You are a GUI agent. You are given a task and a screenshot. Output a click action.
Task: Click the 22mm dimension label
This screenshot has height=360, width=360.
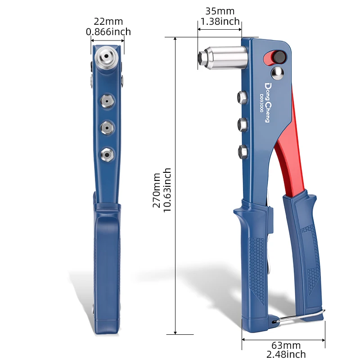click(108, 22)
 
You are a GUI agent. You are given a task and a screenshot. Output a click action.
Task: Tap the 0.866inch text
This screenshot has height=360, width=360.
click(108, 31)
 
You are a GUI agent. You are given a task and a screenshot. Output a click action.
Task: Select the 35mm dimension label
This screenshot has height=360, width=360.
click(220, 11)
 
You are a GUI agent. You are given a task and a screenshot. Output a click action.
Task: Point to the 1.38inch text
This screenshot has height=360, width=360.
click(220, 21)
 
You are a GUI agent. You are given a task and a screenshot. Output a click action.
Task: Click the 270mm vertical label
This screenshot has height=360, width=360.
click(156, 190)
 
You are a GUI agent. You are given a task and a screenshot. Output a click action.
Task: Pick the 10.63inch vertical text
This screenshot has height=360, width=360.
click(167, 190)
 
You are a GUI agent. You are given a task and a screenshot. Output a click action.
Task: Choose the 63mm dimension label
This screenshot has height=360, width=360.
click(286, 345)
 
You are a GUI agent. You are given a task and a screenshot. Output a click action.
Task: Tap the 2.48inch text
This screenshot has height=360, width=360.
click(286, 354)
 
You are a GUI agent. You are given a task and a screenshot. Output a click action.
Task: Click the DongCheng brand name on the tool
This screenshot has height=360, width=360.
click(267, 103)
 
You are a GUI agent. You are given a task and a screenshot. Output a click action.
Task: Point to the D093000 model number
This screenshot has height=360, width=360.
click(261, 103)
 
